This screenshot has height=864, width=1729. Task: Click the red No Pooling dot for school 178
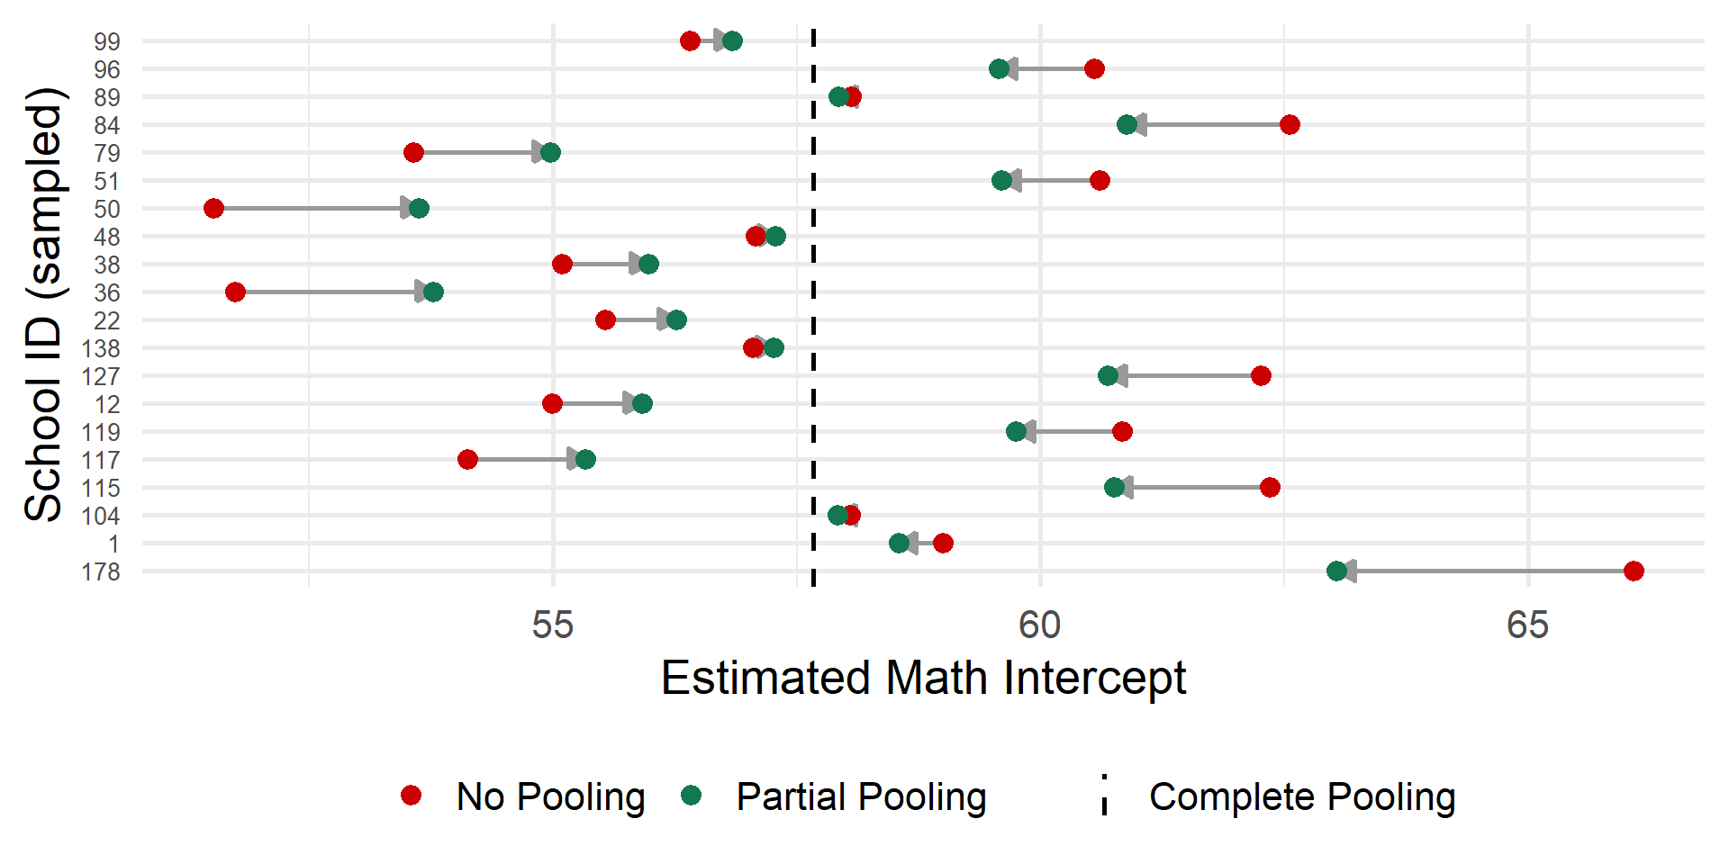pyautogui.click(x=1634, y=571)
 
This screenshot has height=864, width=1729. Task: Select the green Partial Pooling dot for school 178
pyautogui.click(x=1336, y=571)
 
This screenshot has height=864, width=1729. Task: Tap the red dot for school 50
pyautogui.click(x=213, y=209)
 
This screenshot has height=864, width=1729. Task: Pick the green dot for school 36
pyautogui.click(x=433, y=292)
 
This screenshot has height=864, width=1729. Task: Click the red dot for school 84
pyautogui.click(x=1290, y=124)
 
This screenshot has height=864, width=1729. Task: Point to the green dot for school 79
pyautogui.click(x=550, y=153)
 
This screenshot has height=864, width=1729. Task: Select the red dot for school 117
pyautogui.click(x=467, y=460)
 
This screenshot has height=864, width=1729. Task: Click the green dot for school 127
pyautogui.click(x=1108, y=375)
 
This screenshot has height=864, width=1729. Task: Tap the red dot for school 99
pyautogui.click(x=690, y=40)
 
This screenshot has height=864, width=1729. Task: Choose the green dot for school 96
pyautogui.click(x=999, y=69)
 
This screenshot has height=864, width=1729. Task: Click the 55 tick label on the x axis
pyautogui.click(x=552, y=625)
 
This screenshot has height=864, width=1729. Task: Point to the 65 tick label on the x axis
pyautogui.click(x=1527, y=625)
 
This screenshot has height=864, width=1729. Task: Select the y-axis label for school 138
pyautogui.click(x=101, y=348)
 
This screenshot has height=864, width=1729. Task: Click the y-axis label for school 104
pyautogui.click(x=101, y=516)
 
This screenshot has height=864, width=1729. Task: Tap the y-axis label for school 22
pyautogui.click(x=106, y=320)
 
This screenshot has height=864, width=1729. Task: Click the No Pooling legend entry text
pyautogui.click(x=550, y=796)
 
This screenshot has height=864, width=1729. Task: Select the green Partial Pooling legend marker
pyautogui.click(x=691, y=795)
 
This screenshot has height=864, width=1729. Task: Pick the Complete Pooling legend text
pyautogui.click(x=1301, y=796)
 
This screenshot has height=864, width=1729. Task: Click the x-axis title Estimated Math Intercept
pyautogui.click(x=923, y=678)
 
